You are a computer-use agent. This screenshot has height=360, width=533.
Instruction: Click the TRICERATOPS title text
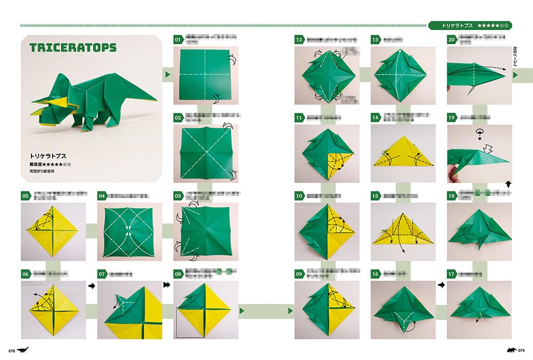[73, 48]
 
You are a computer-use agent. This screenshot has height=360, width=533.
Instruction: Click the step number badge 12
[300, 39]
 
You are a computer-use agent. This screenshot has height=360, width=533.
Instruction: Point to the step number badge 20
[452, 39]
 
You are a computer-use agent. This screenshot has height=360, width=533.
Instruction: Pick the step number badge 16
[376, 274]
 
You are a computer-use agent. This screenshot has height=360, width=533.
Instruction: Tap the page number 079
[521, 350]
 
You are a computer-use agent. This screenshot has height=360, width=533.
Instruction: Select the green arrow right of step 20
[515, 75]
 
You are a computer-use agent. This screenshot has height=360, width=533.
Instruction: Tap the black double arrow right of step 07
[167, 285]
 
